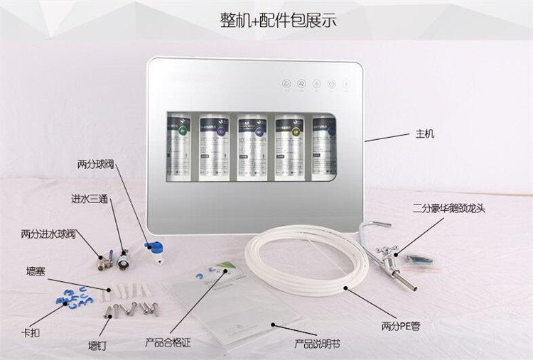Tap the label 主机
point(425,133)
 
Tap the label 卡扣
point(33,333)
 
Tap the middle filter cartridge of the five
point(252,145)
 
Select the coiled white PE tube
point(298,263)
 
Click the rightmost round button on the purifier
point(347,84)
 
